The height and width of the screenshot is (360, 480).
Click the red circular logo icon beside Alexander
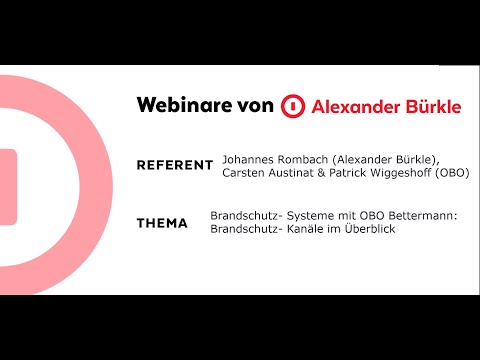[291, 107]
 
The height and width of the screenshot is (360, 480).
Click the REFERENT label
[175, 165]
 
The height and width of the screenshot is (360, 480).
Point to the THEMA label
[162, 223]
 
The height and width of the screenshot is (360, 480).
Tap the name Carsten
[246, 172]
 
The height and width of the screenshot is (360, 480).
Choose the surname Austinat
[299, 172]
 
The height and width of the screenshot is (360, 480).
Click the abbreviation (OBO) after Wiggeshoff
[456, 172]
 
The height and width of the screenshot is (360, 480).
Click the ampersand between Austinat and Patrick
[330, 172]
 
